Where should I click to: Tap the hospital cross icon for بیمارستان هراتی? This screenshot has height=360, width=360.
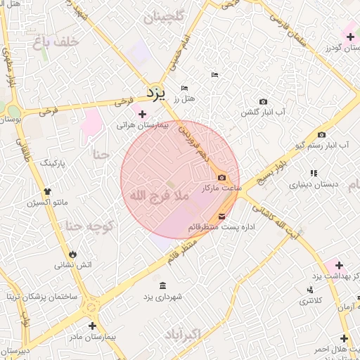click(x=143, y=114)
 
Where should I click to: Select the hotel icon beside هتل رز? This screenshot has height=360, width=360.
click(x=184, y=88)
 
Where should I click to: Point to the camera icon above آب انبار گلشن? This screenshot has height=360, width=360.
click(x=263, y=102)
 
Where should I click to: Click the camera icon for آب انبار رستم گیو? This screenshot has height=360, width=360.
click(x=321, y=135)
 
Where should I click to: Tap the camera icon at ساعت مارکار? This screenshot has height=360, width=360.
click(x=222, y=178)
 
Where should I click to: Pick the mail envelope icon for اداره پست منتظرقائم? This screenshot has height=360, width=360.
click(x=222, y=214)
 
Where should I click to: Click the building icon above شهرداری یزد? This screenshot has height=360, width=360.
click(x=163, y=285)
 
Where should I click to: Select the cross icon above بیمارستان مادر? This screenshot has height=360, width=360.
click(x=92, y=326)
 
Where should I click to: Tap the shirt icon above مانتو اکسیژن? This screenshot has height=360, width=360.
click(x=47, y=191)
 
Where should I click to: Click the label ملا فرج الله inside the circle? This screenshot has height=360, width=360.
click(x=156, y=195)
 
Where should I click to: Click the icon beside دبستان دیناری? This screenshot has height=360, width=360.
click(x=313, y=173)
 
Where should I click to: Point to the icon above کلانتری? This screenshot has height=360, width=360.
click(x=309, y=290)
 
